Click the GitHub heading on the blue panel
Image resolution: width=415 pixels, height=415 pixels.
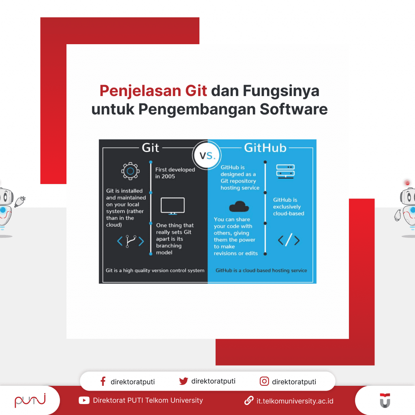pyautogui.click(x=265, y=148)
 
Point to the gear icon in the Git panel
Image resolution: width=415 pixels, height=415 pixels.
pyautogui.click(x=130, y=171)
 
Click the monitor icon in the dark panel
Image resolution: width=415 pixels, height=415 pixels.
pyautogui.click(x=173, y=206)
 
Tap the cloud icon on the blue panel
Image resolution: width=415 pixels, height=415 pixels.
pyautogui.click(x=239, y=207)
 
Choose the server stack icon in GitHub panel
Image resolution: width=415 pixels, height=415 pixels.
pyautogui.click(x=285, y=170)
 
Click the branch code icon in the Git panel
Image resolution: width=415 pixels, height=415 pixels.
pyautogui.click(x=130, y=242)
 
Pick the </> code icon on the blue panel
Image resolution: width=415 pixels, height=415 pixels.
pyautogui.click(x=289, y=240)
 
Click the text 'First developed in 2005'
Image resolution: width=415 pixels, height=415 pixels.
pyautogui.click(x=175, y=173)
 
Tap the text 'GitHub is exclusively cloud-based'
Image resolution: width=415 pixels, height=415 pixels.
pyautogui.click(x=289, y=207)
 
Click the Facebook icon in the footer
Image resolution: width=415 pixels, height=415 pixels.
pyautogui.click(x=103, y=381)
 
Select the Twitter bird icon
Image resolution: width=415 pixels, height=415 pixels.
pyautogui.click(x=184, y=381)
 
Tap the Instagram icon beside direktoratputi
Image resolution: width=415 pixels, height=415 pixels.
pyautogui.click(x=264, y=381)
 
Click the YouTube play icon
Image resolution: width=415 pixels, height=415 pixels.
pyautogui.click(x=84, y=400)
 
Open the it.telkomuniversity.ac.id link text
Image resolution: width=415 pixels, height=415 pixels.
pyautogui.click(x=295, y=401)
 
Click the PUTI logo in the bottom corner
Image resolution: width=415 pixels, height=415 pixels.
pyautogui.click(x=30, y=401)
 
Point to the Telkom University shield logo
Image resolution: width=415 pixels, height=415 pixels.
pyautogui.click(x=385, y=400)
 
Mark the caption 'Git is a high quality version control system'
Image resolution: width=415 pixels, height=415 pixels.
pyautogui.click(x=155, y=270)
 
